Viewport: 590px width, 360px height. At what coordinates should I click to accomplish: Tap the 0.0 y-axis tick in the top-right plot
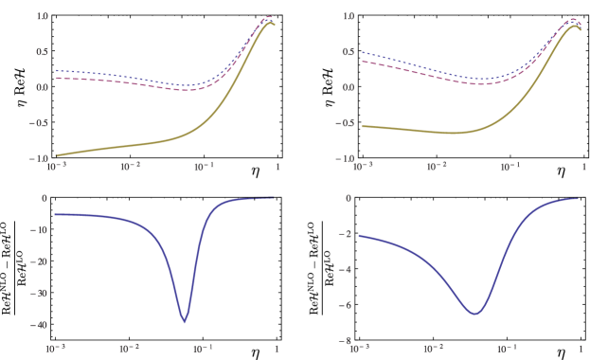point(349,87)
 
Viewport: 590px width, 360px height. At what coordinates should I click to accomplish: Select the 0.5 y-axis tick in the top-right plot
point(349,51)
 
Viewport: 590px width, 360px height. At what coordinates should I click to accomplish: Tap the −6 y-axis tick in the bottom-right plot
point(348,304)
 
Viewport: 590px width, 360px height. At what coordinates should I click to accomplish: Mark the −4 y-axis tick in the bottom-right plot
point(348,269)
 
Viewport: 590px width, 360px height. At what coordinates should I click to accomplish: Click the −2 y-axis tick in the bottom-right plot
point(348,234)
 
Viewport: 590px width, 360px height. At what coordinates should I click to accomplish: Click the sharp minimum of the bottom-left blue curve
point(185,322)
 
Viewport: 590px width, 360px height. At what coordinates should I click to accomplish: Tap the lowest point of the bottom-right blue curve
point(474,314)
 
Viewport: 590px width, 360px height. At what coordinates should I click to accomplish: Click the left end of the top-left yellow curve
point(56,155)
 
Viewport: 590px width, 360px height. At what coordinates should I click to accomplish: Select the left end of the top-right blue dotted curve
point(362,52)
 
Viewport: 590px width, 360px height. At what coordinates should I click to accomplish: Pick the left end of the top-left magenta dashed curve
point(56,78)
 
